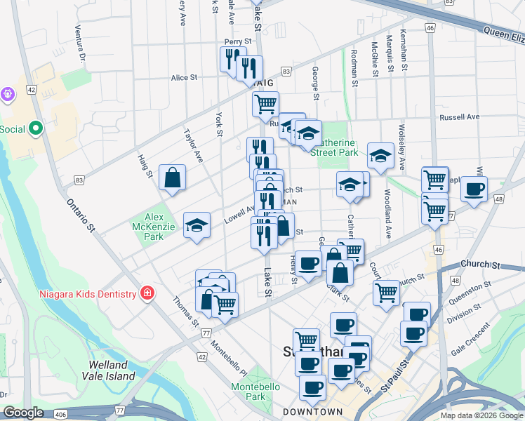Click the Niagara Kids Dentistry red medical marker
(147, 292)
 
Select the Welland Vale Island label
(108, 370)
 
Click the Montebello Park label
(255, 392)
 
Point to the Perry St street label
(237, 42)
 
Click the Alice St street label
(184, 78)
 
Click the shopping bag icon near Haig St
(172, 178)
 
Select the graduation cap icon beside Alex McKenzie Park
(197, 225)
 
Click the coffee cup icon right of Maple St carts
(474, 188)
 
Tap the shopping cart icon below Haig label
(265, 105)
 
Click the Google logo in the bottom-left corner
(23, 413)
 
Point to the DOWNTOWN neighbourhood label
(313, 412)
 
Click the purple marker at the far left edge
(7, 93)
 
